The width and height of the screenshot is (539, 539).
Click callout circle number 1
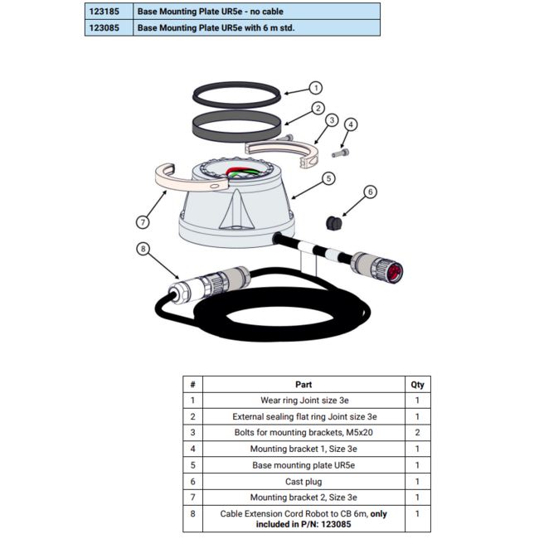point(315,88)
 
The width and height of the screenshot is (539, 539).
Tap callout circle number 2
point(317,108)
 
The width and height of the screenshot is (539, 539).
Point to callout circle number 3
point(331,120)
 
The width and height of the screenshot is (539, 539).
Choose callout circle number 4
point(351,125)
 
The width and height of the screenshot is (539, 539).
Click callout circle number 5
point(328,177)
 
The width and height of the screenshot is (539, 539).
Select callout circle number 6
point(370,192)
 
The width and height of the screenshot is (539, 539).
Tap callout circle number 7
point(142,221)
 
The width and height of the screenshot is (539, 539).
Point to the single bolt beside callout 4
point(340,153)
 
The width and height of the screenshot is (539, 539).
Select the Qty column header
point(417,385)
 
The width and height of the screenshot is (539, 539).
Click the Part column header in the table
point(303,385)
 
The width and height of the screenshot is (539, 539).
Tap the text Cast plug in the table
point(303,482)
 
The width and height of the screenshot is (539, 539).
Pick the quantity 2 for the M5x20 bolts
point(417,433)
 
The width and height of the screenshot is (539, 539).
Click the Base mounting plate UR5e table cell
point(303,465)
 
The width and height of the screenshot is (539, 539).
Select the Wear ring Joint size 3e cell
point(303,401)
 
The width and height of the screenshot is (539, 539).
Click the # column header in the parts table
point(192,385)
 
